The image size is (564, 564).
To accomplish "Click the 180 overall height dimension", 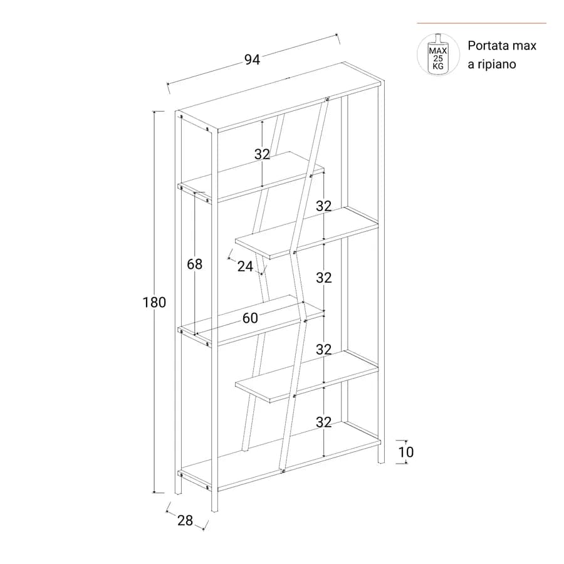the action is [154, 302].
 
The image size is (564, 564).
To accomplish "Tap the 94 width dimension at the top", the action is [252, 60].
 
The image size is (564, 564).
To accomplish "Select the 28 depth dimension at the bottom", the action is [185, 520].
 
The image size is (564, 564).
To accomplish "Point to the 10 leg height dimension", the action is [405, 452].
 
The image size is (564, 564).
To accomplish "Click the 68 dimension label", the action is [195, 264].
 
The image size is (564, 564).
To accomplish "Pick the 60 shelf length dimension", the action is [250, 318].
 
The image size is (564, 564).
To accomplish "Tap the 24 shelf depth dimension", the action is [245, 266].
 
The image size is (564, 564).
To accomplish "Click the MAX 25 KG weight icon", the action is [438, 55].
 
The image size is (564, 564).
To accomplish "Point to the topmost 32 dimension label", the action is [262, 154].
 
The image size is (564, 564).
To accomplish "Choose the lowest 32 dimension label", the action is [324, 422].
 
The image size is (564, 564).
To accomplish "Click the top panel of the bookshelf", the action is [280, 97].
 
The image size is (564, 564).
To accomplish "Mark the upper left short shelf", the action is [251, 176].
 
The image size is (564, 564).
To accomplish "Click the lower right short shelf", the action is [307, 377].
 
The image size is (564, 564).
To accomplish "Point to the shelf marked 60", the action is [251, 320].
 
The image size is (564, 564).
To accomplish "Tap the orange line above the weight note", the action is [482, 23].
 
